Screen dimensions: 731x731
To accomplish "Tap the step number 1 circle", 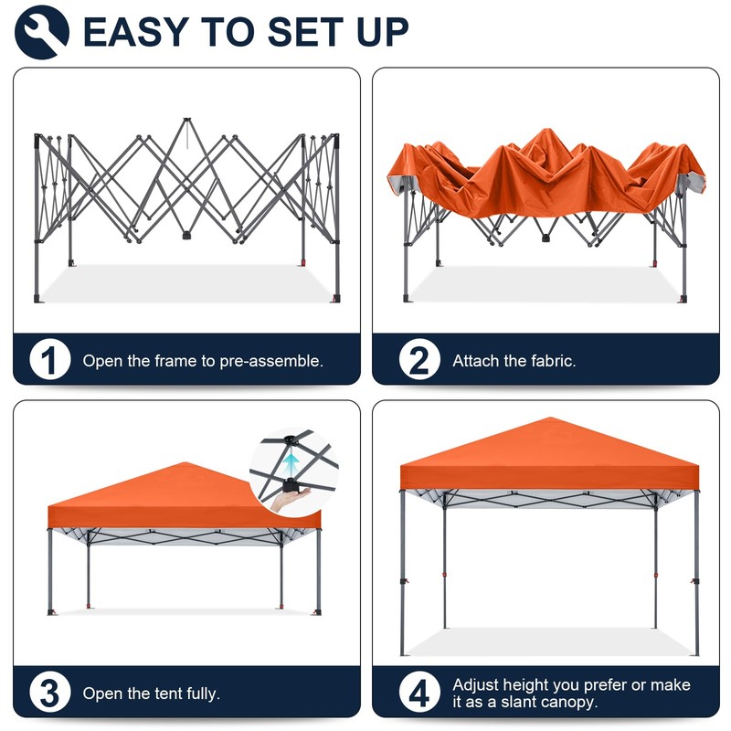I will point(49,360).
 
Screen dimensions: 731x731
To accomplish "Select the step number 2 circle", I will point(418,360).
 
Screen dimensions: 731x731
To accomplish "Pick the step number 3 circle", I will point(49,693).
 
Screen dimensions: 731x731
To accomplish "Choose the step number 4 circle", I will point(418,693).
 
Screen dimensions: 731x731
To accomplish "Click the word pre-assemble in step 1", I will point(271,361).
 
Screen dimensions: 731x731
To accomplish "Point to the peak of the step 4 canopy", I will point(549,419).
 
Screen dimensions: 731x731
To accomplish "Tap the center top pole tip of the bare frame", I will point(186,121).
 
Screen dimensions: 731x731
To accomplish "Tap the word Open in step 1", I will point(101,361).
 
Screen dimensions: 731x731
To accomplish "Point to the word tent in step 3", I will point(164,694).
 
